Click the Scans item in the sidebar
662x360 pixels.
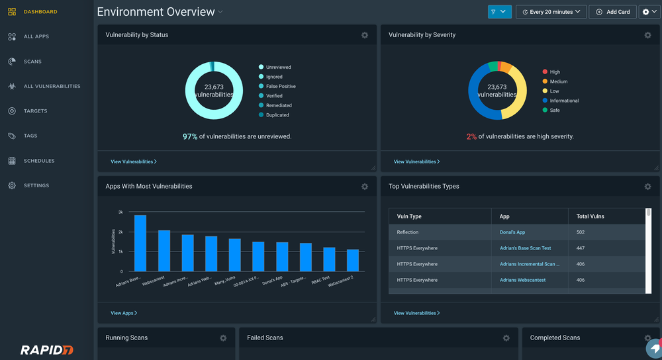click(x=32, y=62)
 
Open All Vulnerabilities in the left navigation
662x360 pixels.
click(x=52, y=86)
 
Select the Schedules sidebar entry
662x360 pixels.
click(x=39, y=161)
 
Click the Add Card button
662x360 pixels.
click(x=612, y=12)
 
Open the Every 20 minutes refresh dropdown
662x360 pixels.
click(x=551, y=12)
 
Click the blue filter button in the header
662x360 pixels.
click(x=500, y=12)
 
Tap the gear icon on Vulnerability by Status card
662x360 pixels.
click(x=365, y=35)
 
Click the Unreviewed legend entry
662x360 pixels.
click(x=278, y=67)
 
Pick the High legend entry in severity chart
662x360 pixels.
click(x=555, y=72)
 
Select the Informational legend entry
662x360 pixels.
click(x=563, y=101)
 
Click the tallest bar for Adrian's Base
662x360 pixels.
click(x=140, y=243)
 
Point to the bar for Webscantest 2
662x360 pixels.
click(x=353, y=260)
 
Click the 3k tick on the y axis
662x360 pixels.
click(x=120, y=212)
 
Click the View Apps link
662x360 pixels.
click(x=124, y=313)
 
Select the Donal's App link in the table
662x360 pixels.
click(x=512, y=232)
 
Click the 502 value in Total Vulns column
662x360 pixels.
click(x=581, y=232)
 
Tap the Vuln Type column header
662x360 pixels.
click(x=409, y=216)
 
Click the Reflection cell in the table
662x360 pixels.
click(x=408, y=232)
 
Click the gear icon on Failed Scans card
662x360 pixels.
click(x=506, y=338)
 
